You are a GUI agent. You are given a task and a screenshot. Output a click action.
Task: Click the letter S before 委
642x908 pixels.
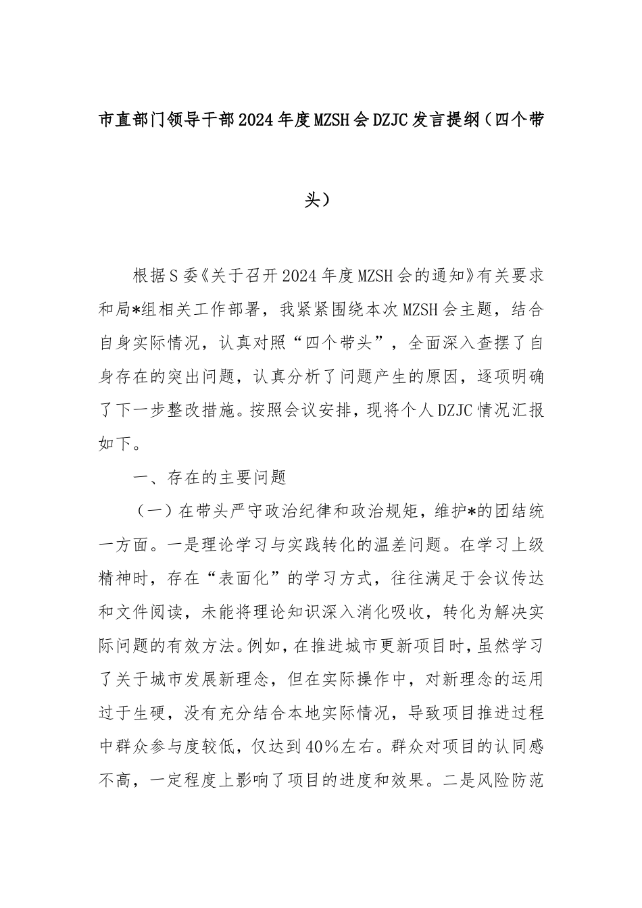click(172, 276)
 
